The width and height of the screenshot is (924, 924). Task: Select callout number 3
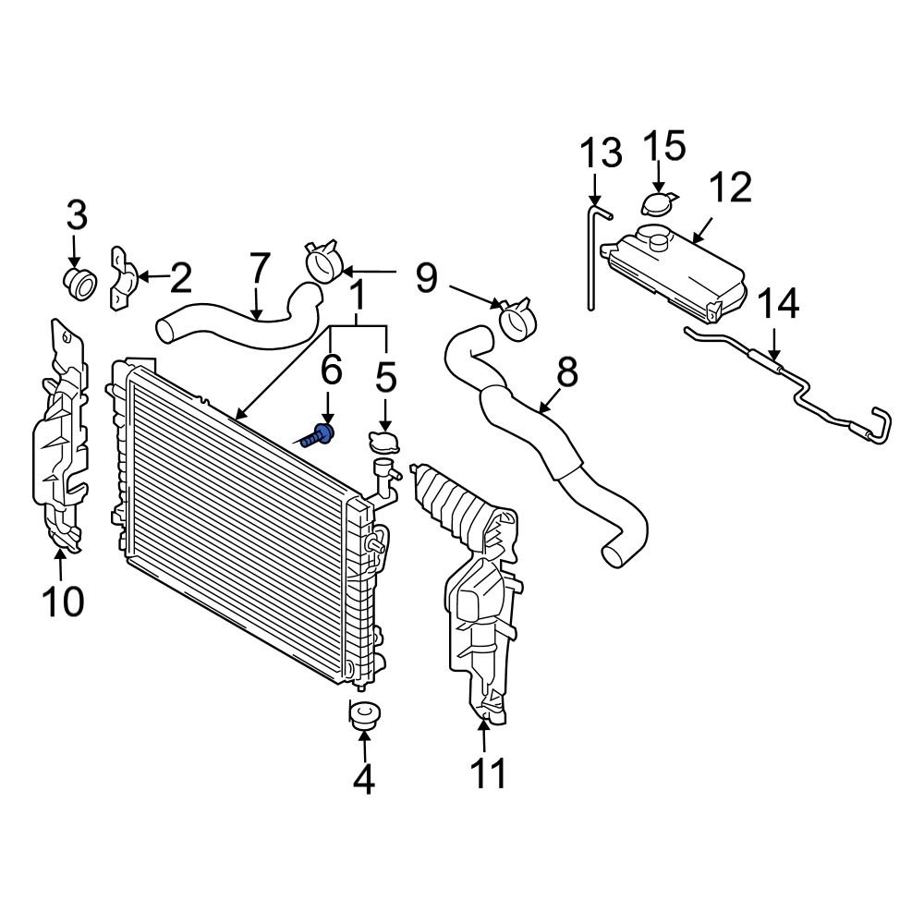coord(76,216)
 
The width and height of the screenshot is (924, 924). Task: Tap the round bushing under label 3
coord(79,282)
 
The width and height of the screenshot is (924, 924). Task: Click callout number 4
coord(364,781)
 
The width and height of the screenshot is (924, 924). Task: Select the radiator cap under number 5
coord(382,441)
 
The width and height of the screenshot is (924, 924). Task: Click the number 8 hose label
coord(566,372)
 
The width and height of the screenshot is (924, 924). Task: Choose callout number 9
coord(426,276)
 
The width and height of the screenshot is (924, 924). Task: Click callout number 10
coord(62,602)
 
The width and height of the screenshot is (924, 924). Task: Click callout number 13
coord(602,153)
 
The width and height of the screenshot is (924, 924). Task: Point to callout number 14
coord(778,304)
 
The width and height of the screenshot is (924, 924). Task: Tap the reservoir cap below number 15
coord(657,202)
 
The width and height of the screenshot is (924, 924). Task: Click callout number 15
coord(663,147)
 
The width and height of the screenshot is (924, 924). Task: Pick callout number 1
coord(356,297)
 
